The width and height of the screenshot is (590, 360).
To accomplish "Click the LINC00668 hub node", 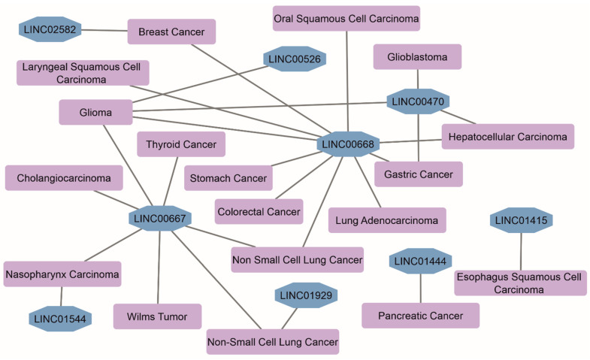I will pos(348,144).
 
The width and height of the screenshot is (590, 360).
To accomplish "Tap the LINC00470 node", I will pos(419,101).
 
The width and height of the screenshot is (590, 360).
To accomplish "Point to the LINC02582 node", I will pos(50,30).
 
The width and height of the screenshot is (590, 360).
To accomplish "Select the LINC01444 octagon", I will pos(420,262).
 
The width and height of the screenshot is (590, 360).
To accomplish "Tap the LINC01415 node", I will pos(521,220).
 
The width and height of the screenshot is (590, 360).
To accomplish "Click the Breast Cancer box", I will pos(171,32).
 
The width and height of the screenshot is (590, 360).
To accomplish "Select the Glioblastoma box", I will pos(417,57).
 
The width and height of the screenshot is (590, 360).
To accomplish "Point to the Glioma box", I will pos(95,113).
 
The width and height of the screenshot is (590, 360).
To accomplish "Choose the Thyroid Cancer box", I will pos(181,144).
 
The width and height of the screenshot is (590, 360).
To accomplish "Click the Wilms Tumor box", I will pos(157,316).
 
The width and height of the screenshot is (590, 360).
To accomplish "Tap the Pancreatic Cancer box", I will pos(420,315).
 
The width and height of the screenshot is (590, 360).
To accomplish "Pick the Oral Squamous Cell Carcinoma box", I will pos(346,17).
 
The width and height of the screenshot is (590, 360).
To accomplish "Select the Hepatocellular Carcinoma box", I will pos(508,137).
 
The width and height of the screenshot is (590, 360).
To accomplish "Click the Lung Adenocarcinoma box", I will pos(387,220).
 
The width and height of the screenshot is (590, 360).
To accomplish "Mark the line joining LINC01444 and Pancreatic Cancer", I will pos(420,287).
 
